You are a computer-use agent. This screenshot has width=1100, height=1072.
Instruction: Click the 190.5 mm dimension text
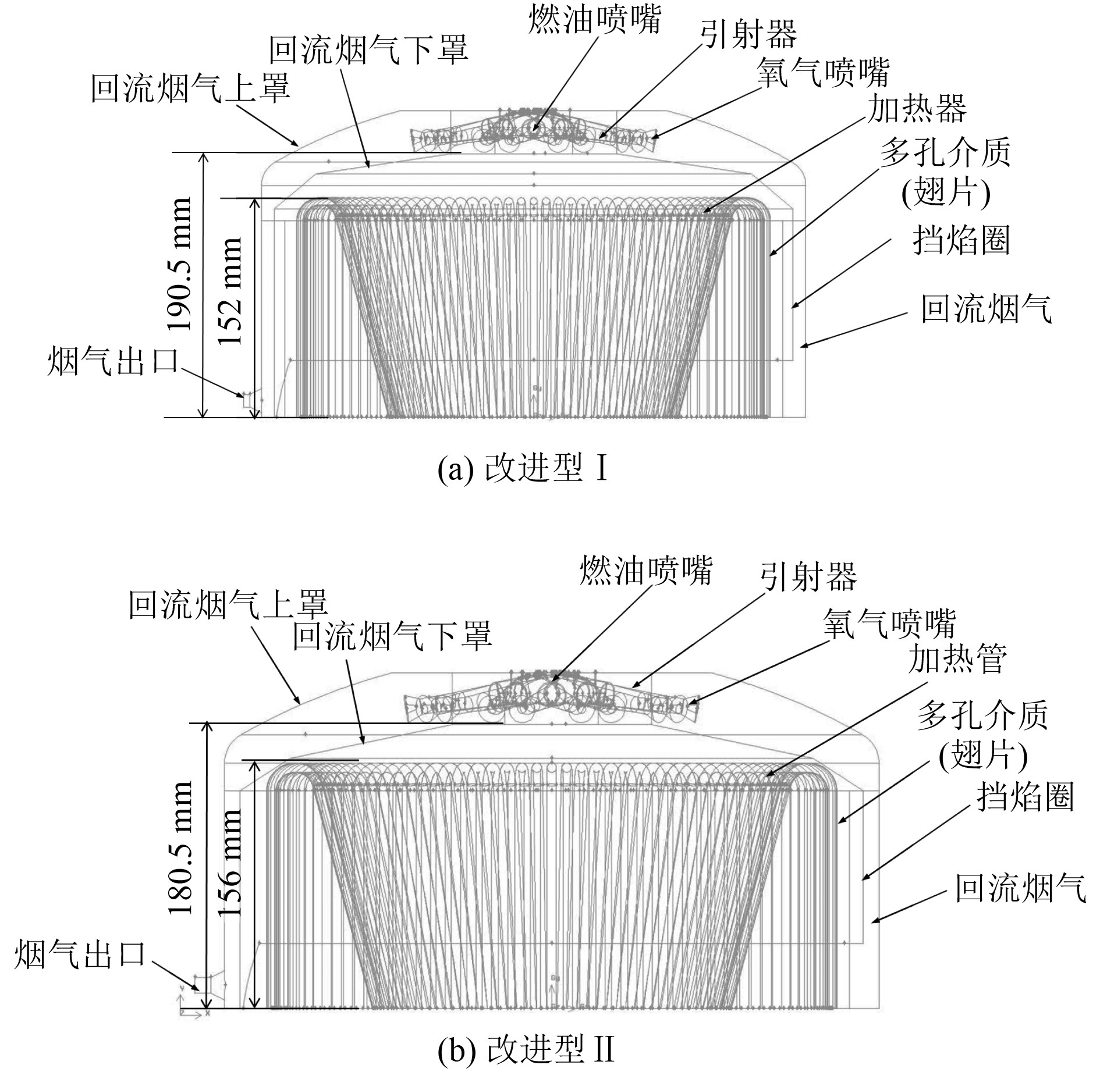coord(179,264)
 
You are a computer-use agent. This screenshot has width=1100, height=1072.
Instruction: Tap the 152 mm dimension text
coord(231,291)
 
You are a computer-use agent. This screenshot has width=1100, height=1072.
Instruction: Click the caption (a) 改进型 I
coord(523,469)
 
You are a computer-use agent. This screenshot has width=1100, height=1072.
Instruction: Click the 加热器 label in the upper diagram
coord(917,109)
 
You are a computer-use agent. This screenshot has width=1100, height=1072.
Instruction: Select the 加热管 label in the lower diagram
coord(957,660)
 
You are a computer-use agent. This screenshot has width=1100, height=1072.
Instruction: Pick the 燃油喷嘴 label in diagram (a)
coord(595,22)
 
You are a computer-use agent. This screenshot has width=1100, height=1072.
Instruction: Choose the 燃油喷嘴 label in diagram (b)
coord(646,571)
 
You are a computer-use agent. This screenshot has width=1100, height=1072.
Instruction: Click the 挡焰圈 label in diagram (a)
coord(961,240)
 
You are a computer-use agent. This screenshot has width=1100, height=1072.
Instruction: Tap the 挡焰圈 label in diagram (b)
coord(1025,796)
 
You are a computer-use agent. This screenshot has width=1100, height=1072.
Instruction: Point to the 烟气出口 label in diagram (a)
coord(113,361)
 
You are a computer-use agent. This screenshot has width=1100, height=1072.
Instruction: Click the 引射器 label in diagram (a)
coord(748,36)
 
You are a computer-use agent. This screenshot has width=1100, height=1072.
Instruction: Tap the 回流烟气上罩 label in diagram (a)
coord(191,90)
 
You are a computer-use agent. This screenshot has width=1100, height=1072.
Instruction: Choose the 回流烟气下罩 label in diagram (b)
coord(392,636)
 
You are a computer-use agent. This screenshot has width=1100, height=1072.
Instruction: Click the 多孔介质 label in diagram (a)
coord(945,153)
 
